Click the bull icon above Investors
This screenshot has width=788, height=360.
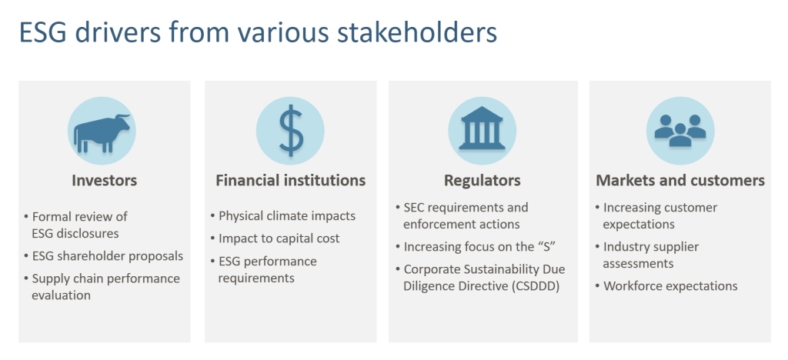coord(102,132)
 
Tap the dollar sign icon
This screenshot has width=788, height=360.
coord(291,132)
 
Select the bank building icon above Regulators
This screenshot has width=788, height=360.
coord(482,128)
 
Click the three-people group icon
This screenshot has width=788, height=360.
coord(680,131)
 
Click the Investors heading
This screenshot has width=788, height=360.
coord(105,180)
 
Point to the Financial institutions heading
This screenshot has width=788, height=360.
coord(290,180)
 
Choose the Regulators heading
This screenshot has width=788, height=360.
coord(482,181)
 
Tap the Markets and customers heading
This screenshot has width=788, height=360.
coord(680,180)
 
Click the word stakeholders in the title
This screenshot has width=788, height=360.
coord(417,32)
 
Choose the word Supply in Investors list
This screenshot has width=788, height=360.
coord(48,279)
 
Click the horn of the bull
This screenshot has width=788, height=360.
coord(122,117)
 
